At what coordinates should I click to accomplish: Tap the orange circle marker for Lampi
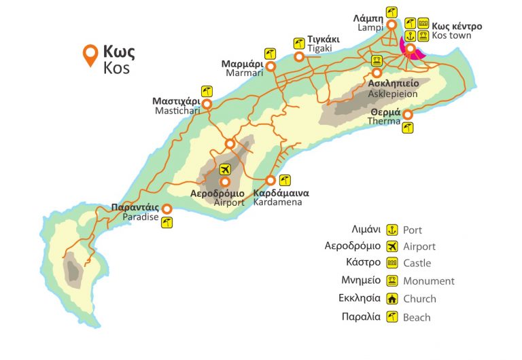click(391, 25)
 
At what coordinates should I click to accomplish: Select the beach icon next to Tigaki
click(298, 43)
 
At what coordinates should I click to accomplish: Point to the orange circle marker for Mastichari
click(207, 104)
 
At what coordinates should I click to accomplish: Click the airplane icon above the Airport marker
click(225, 169)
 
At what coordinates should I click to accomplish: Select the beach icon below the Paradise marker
click(167, 222)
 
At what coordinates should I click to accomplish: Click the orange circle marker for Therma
click(407, 114)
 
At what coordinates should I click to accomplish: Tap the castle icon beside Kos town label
click(423, 23)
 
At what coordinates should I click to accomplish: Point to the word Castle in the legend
click(417, 264)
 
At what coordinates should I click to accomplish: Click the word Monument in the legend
click(428, 281)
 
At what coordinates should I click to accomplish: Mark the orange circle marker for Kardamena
click(271, 181)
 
